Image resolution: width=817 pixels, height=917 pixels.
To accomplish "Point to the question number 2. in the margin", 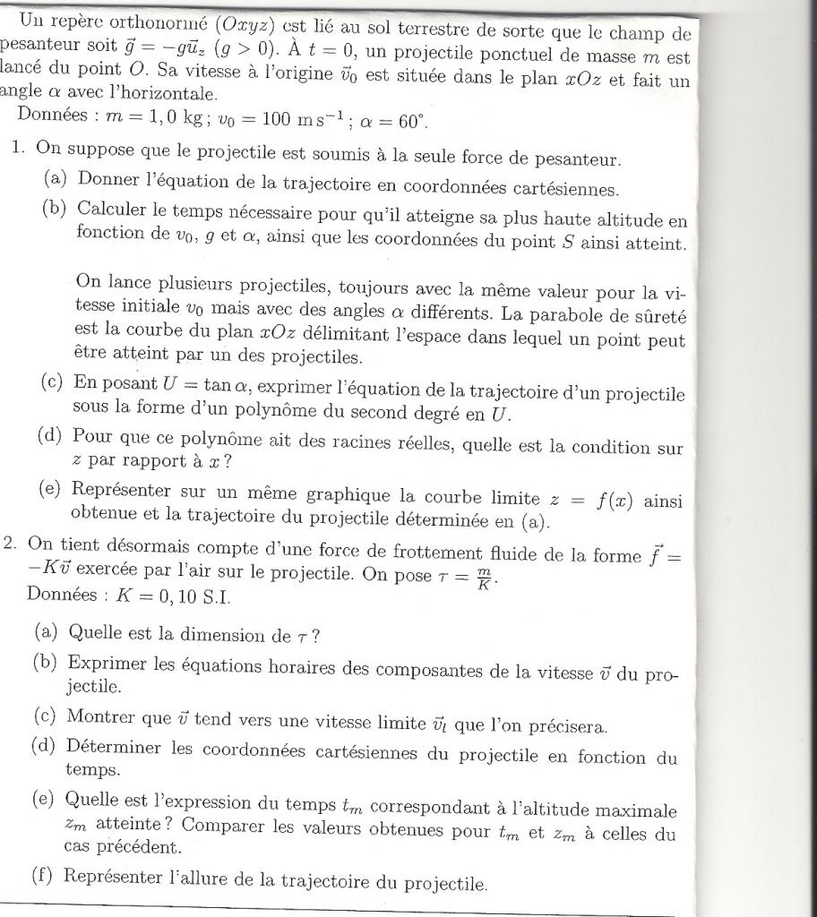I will (11, 543).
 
